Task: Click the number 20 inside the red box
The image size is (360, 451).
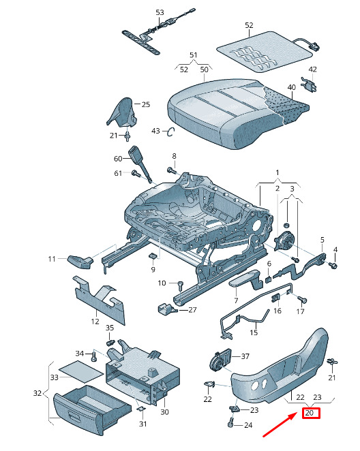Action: coord(310,413)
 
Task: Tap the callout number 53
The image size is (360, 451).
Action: coord(160,12)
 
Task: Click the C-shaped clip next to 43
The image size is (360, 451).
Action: coord(170,132)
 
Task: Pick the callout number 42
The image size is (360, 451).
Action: coord(312,69)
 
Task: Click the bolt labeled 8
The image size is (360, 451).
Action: coord(172,170)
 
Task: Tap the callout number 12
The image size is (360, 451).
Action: coord(95,322)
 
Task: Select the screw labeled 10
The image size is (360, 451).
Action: coord(180,286)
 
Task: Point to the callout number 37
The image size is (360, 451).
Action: coord(245,356)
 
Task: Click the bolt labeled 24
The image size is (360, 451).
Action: coord(230,423)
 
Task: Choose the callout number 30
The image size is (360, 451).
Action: coord(164,412)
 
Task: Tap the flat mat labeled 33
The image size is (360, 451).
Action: coord(81,373)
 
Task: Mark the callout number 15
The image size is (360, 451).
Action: coord(254,332)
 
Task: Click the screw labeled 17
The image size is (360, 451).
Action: coord(302,300)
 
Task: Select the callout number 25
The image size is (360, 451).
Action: coord(146,104)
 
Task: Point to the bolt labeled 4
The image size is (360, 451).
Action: coord(333,266)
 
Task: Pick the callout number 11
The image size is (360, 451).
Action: coord(52,259)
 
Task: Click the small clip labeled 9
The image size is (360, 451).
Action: coord(153,255)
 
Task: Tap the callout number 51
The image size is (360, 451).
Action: coord(194,55)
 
